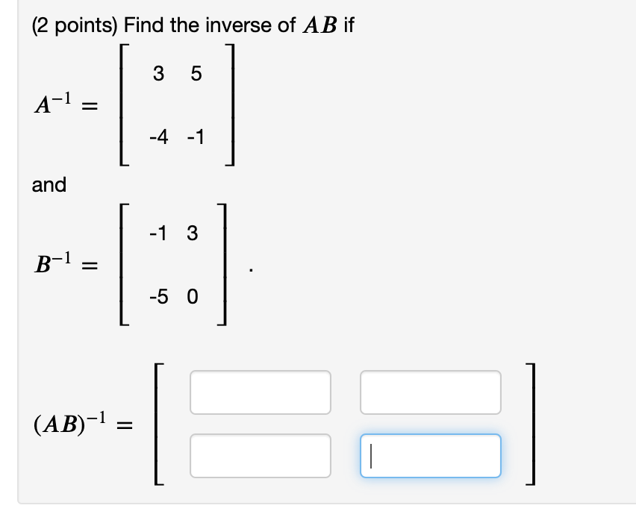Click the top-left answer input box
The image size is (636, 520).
click(x=260, y=392)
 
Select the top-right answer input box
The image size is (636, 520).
click(x=430, y=392)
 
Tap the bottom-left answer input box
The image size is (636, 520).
click(x=260, y=455)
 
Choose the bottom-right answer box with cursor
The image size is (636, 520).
click(x=430, y=455)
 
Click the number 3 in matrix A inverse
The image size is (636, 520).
click(x=157, y=74)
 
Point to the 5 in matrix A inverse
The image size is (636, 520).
click(x=196, y=74)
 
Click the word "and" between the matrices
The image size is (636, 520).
click(x=49, y=184)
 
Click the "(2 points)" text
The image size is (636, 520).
click(x=74, y=26)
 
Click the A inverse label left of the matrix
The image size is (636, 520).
click(x=55, y=105)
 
